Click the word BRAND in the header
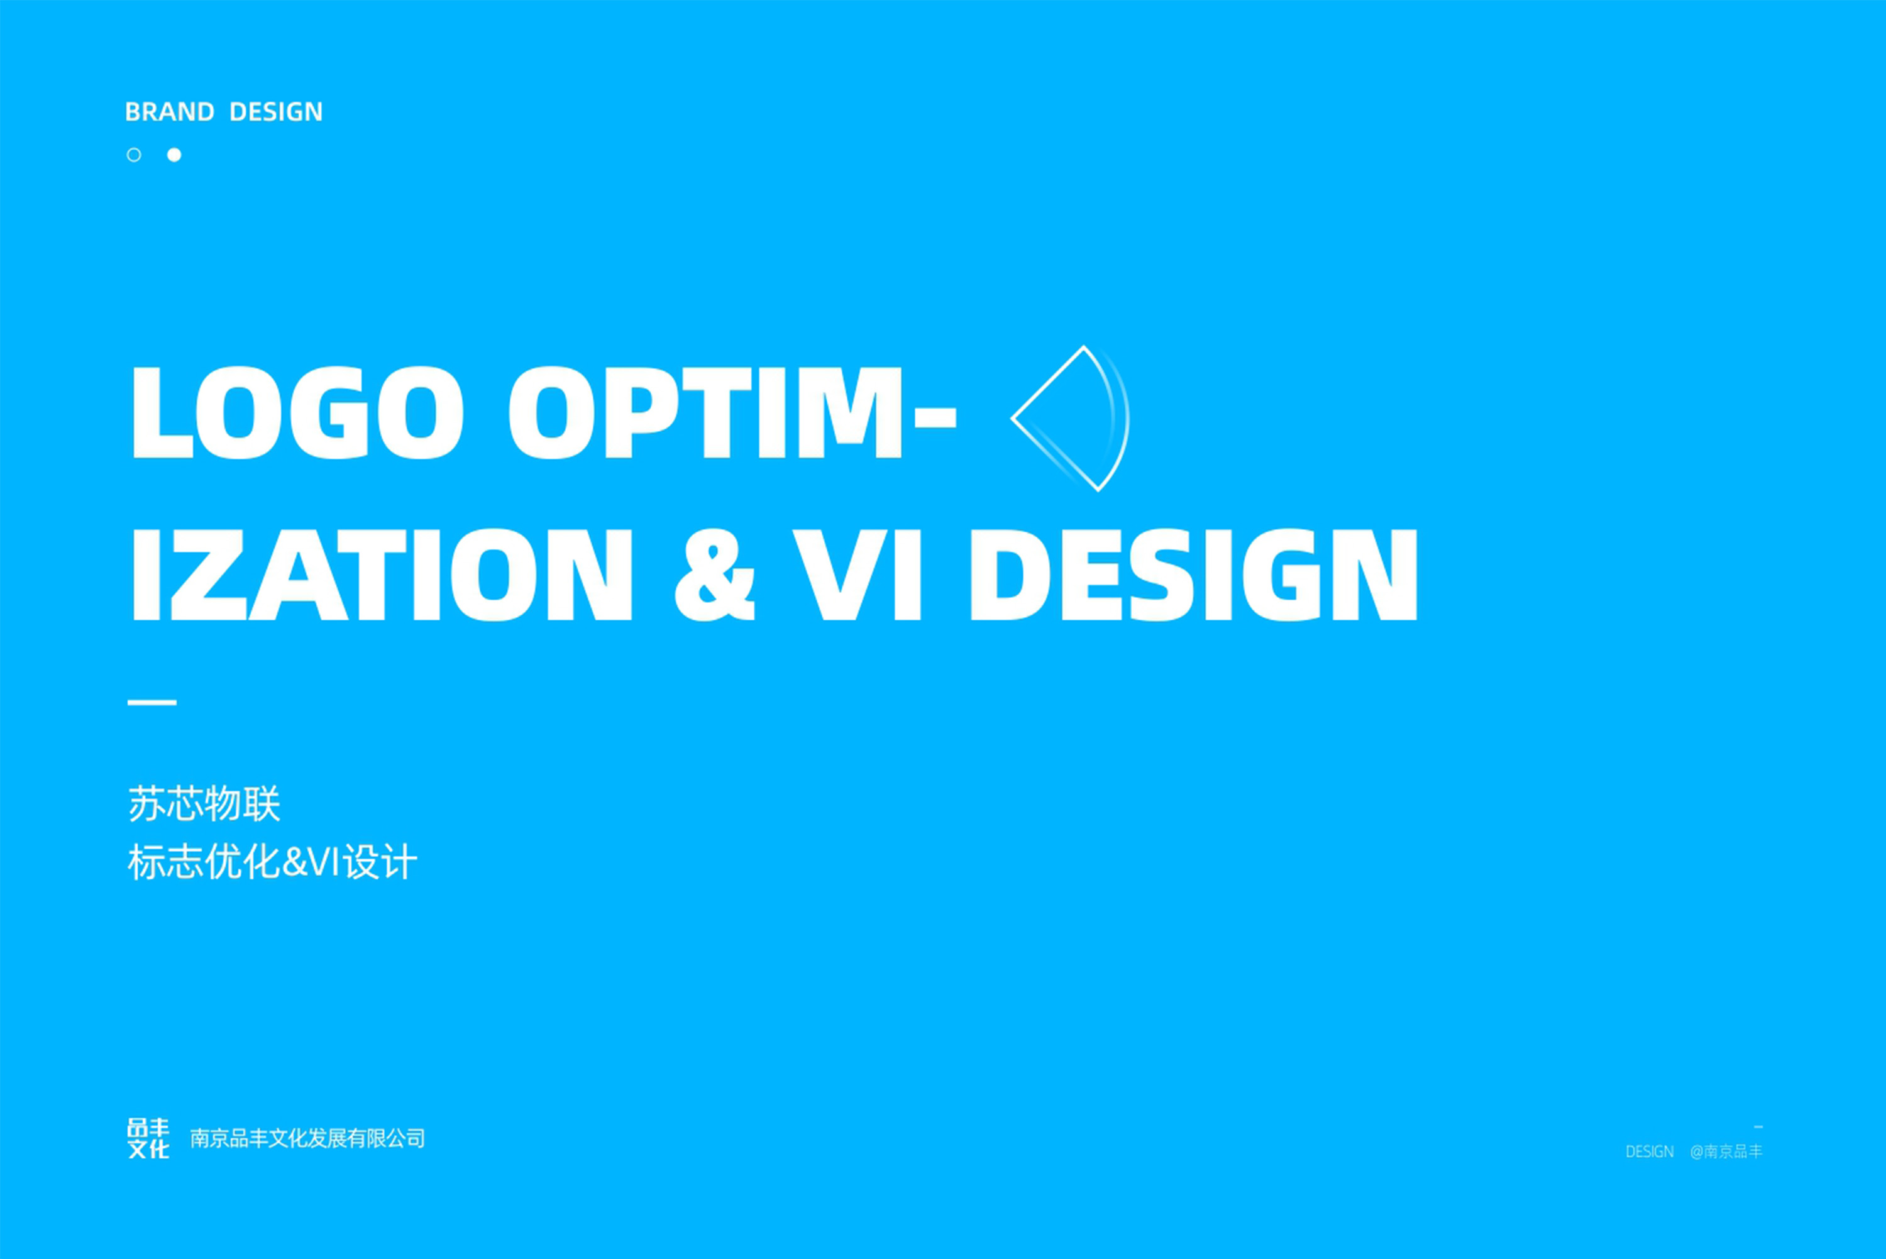coord(169,112)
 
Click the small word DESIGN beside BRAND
coord(275,112)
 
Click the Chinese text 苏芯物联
coord(204,805)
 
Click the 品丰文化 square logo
coord(148,1138)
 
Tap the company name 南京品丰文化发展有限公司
coord(307,1138)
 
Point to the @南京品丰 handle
coord(1726,1152)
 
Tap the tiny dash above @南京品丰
coord(1758,1128)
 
